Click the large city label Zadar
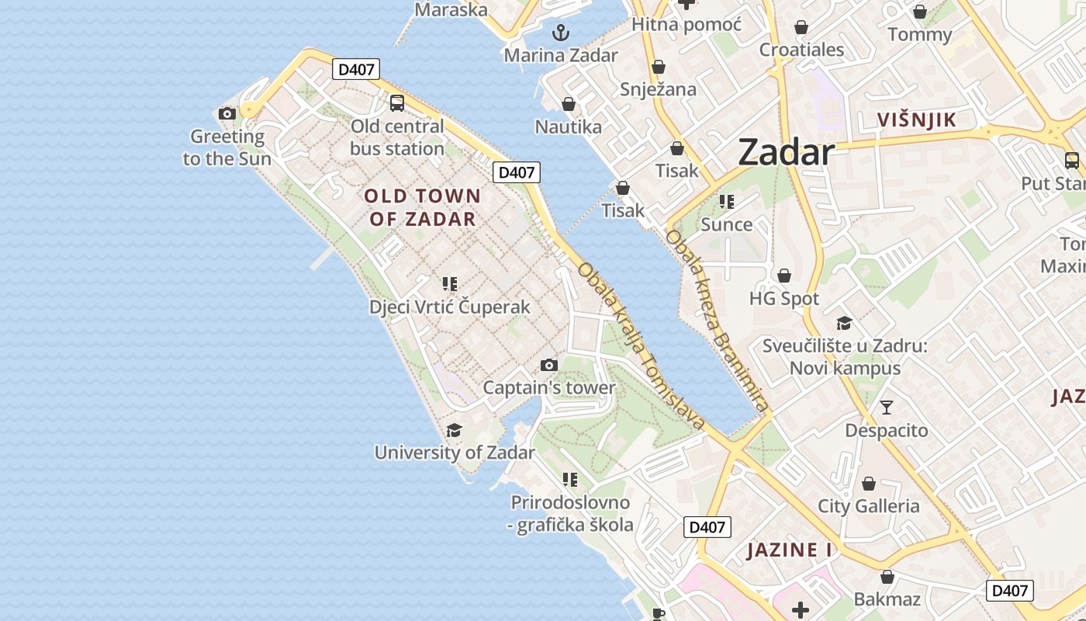786,151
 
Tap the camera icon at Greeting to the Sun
227,113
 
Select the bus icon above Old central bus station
396,102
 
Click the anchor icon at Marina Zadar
560,33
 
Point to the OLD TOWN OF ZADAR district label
423,207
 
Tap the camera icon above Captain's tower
549,365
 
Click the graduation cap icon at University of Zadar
455,430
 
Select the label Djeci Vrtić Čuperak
450,307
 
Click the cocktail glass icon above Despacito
887,407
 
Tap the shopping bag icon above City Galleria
869,484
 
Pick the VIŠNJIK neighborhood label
916,120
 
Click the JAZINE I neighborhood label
789,550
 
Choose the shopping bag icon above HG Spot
784,276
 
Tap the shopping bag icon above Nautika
569,104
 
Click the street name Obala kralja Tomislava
641,346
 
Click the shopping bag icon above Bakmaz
887,577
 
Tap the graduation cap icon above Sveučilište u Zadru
845,323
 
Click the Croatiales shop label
801,50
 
